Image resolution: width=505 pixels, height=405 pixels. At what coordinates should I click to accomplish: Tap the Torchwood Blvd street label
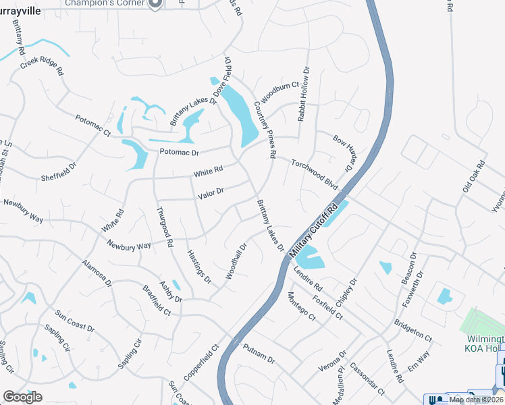(314, 173)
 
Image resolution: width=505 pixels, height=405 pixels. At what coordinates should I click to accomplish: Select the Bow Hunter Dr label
(344, 152)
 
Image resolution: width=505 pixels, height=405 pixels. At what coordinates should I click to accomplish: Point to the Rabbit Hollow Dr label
(303, 94)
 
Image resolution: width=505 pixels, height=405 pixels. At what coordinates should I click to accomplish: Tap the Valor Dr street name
(211, 194)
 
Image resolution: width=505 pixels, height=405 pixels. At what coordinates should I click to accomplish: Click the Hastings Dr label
(198, 265)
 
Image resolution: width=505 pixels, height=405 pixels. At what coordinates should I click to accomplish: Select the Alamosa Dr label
(97, 273)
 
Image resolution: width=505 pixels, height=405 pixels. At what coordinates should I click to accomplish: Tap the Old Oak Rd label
(474, 176)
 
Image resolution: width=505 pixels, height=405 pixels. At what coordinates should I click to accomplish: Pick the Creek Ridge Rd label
(42, 65)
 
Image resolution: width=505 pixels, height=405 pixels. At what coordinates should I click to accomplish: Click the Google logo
(22, 397)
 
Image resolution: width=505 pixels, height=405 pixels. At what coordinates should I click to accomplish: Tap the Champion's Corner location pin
(155, 3)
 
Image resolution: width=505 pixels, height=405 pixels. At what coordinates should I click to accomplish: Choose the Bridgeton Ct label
(413, 329)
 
